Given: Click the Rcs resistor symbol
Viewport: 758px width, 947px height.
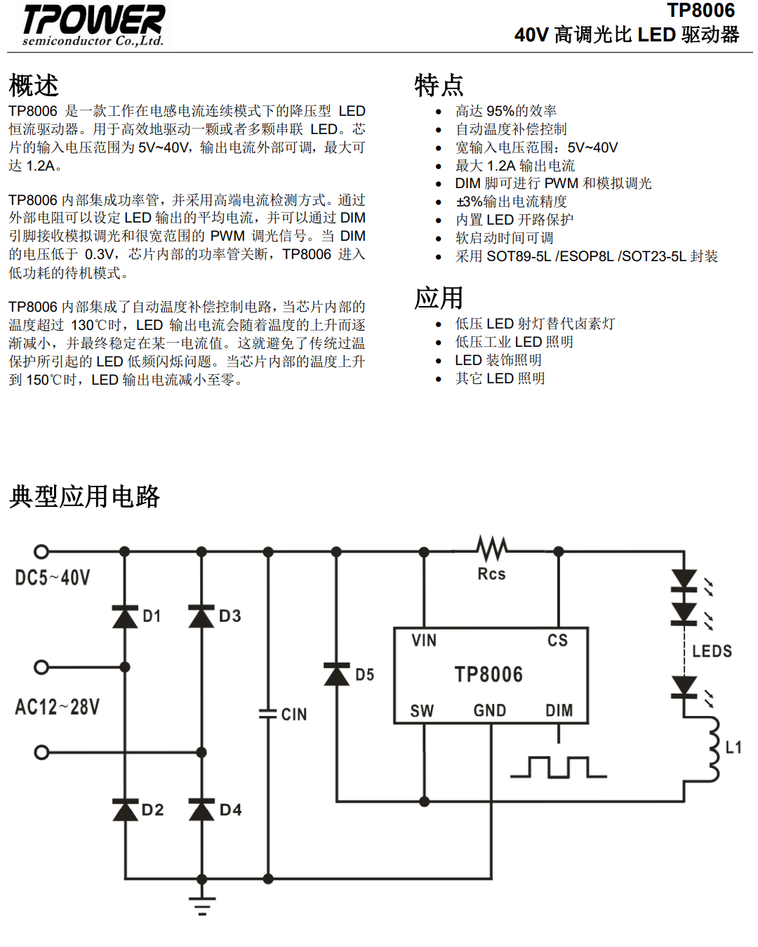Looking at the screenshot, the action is tap(492, 548).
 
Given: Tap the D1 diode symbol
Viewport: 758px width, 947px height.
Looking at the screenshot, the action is tap(125, 616).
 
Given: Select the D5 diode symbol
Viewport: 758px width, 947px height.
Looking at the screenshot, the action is tap(337, 674).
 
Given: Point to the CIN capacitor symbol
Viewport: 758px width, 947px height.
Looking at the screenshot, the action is tap(268, 714).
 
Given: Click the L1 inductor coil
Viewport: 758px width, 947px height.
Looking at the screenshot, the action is tap(712, 749).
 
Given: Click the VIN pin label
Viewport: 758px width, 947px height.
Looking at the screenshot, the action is tap(424, 640).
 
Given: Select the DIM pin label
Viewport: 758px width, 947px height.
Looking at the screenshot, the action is tap(559, 710).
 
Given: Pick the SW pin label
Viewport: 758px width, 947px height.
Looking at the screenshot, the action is tap(422, 710).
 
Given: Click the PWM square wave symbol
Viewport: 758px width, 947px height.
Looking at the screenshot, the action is tap(558, 767).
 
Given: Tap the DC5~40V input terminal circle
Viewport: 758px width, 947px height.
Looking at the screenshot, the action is tap(41, 551).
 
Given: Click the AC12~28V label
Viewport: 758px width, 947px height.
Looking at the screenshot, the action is tap(57, 707).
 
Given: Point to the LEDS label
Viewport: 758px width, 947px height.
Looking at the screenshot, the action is tap(712, 651).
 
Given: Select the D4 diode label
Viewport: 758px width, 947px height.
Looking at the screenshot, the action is tap(230, 809).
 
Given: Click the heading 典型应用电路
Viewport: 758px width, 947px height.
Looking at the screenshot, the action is tap(84, 497).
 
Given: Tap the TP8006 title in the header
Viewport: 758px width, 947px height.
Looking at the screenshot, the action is tap(701, 10).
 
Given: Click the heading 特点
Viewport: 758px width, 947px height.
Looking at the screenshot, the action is tap(439, 85).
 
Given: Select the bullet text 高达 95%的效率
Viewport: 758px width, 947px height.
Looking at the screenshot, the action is tap(506, 111).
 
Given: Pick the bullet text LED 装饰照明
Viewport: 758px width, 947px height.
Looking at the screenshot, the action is tap(498, 360).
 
